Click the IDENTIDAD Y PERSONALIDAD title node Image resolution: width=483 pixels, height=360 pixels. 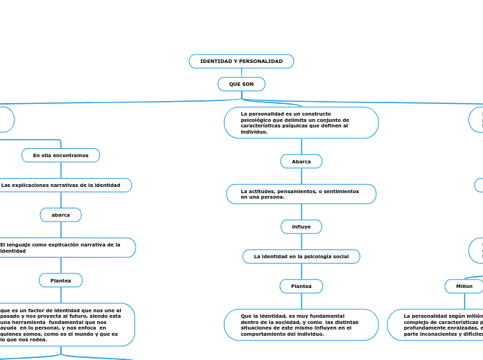[241, 62]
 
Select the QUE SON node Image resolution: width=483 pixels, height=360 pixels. [241, 84]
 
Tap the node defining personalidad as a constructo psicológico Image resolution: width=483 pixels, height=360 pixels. [301, 123]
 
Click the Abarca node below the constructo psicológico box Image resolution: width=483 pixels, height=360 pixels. [301, 161]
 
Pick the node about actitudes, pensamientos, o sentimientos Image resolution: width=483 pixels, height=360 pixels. [301, 194]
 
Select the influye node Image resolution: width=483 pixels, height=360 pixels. [301, 227]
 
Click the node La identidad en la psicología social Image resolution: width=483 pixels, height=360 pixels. [301, 257]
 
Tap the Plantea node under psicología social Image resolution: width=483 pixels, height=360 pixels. [301, 286]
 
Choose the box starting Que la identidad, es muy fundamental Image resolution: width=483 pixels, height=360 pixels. [301, 325]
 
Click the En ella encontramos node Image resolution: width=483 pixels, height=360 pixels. [61, 156]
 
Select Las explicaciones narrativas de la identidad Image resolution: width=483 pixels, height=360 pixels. [62, 186]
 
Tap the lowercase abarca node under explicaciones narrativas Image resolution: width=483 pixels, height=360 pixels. [61, 215]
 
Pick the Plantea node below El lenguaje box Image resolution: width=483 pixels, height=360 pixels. [61, 280]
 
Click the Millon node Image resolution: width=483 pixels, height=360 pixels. [464, 286]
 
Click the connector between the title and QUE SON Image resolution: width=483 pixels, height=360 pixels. [241, 73]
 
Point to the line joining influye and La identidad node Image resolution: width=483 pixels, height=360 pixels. [301, 242]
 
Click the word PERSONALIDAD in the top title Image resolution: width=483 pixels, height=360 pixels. [262, 62]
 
